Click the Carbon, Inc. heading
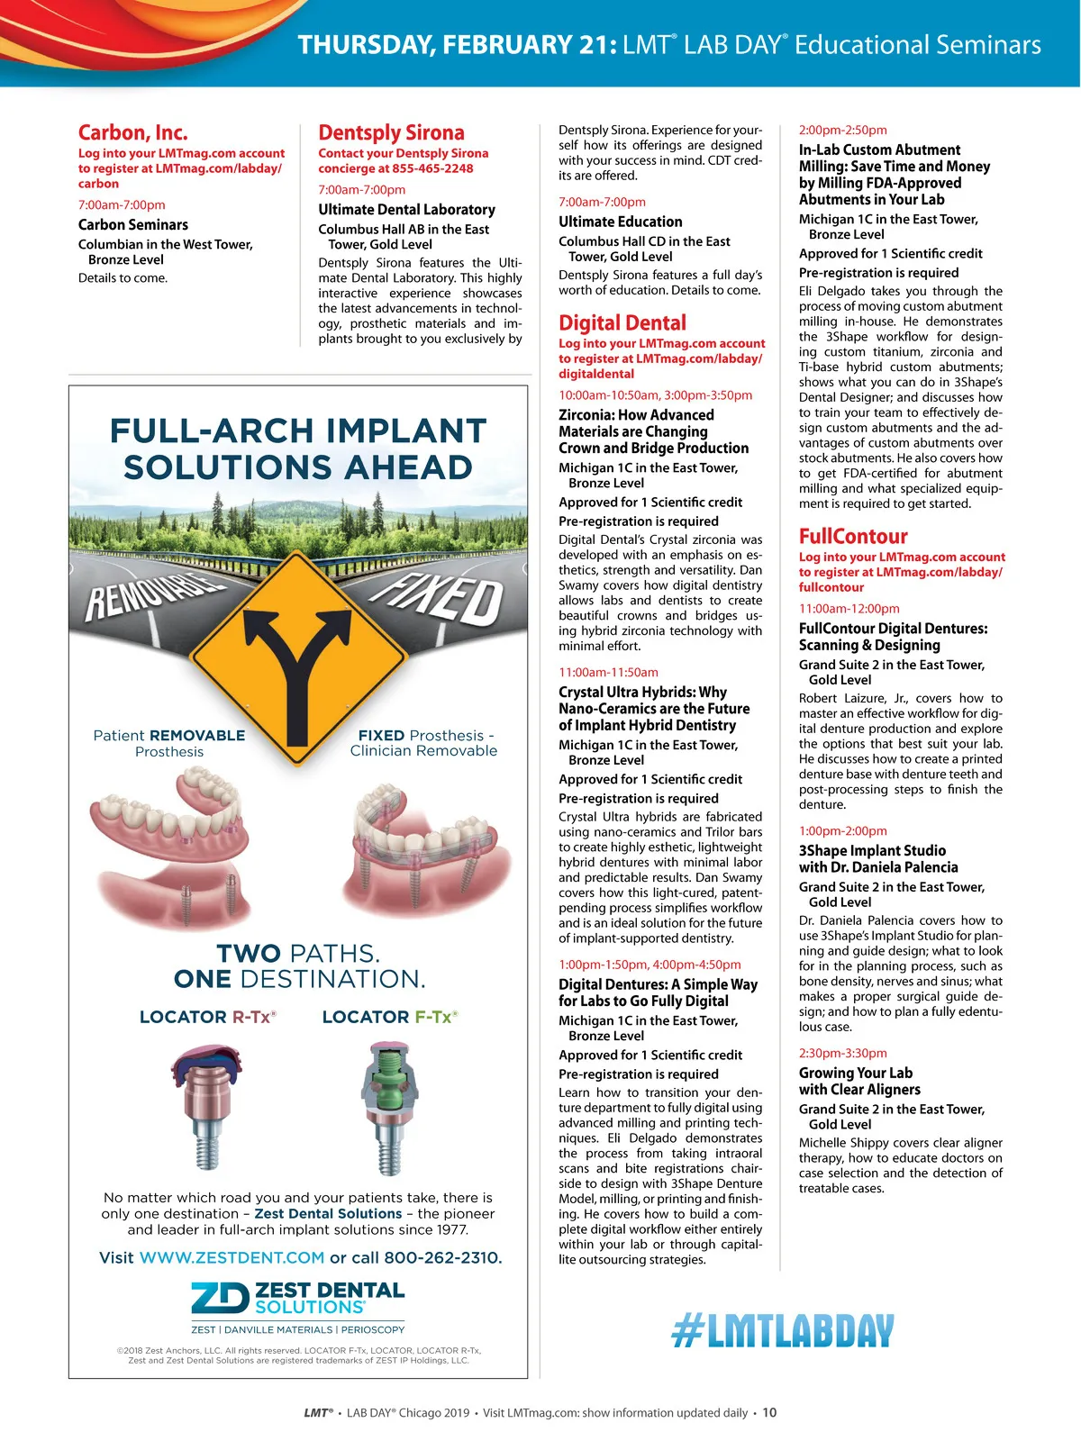[x=132, y=132]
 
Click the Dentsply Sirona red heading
[x=391, y=132]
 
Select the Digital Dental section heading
[x=622, y=322]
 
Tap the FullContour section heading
[x=853, y=536]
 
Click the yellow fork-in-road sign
[x=297, y=659]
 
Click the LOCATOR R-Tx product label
[x=207, y=1017]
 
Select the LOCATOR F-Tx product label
[x=390, y=1017]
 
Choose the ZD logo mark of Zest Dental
[x=219, y=1298]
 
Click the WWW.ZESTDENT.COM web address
[x=232, y=1257]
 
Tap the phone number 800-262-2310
[x=442, y=1257]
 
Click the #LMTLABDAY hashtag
[x=783, y=1331]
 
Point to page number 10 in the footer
[x=769, y=1412]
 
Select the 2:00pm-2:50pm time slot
[x=842, y=130]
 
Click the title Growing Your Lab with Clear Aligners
[x=859, y=1081]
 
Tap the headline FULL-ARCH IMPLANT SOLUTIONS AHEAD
[x=297, y=449]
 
